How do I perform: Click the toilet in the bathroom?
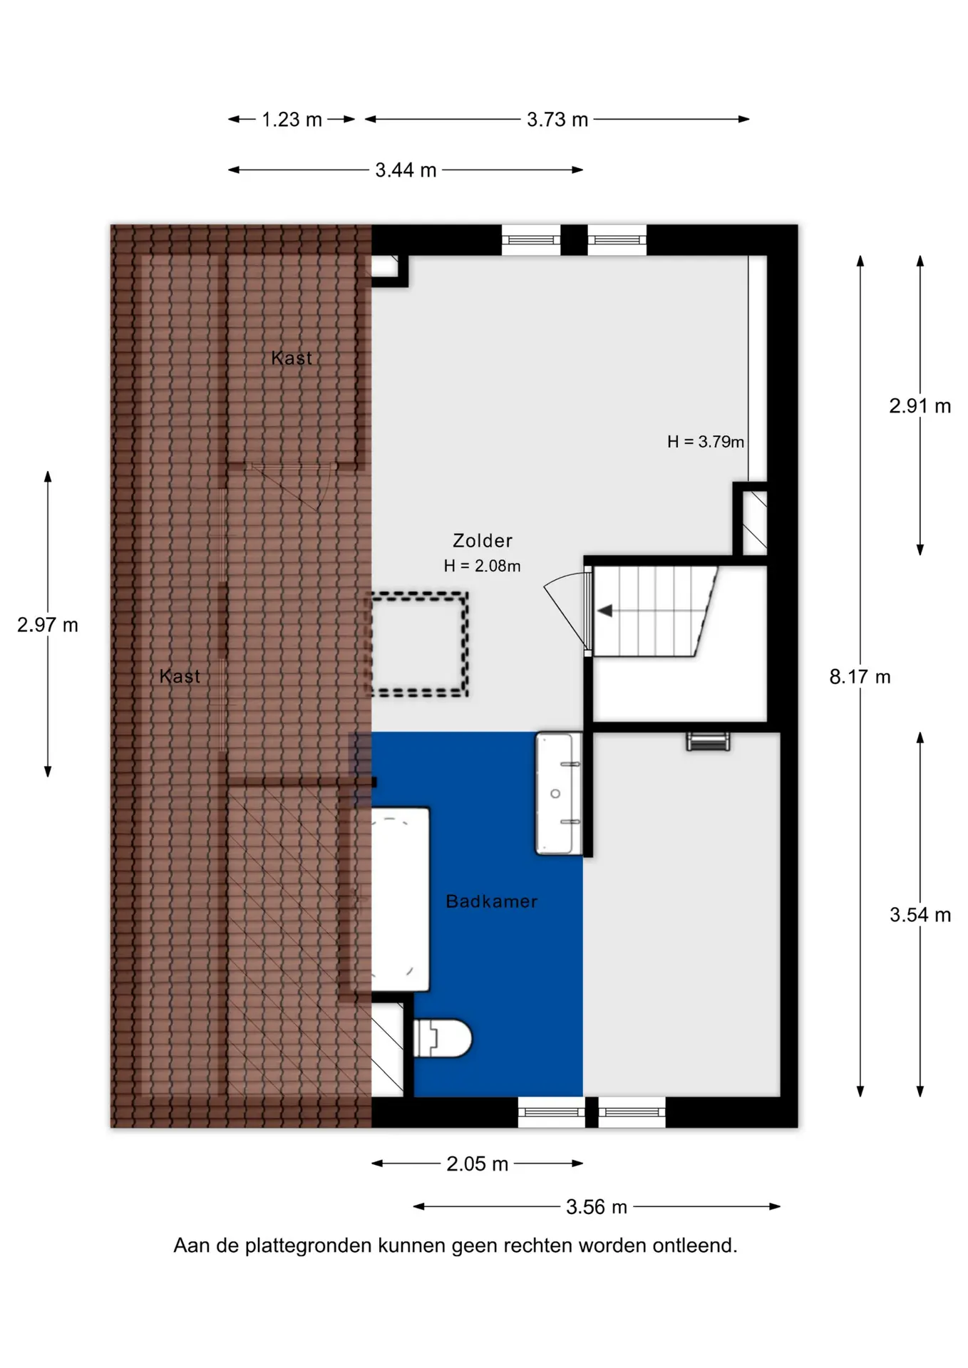tap(442, 1038)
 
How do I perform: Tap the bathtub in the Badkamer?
tap(400, 899)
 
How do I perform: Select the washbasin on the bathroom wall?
tap(558, 793)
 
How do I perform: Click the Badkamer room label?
tap(491, 901)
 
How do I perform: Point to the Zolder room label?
tap(483, 541)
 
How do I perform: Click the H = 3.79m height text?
tap(706, 442)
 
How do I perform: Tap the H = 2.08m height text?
tap(482, 566)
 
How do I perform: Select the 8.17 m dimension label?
tap(860, 677)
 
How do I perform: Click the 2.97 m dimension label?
tap(48, 625)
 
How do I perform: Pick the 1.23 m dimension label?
tap(292, 120)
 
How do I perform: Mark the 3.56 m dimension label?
tap(597, 1207)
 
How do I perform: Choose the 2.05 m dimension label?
tap(477, 1164)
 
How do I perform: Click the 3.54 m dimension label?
tap(920, 915)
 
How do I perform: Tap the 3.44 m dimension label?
tap(406, 170)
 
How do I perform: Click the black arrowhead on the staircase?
tap(604, 611)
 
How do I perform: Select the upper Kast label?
tap(292, 358)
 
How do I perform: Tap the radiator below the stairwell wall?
tap(708, 742)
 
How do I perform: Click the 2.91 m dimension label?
tap(920, 406)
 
